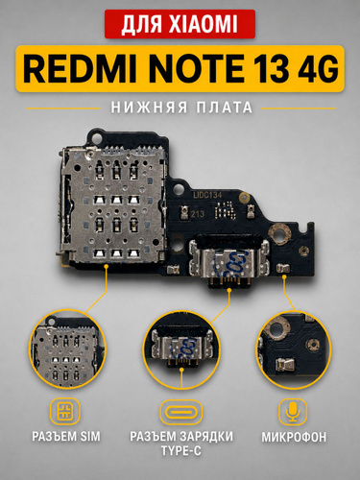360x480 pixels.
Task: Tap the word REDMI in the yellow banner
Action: (81, 69)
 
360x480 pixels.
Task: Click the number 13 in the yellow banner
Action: (270, 69)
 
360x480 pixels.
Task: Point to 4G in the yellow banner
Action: (317, 69)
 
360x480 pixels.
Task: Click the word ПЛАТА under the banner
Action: (225, 108)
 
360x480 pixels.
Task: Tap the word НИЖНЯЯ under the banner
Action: (149, 108)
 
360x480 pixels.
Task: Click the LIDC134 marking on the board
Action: (207, 195)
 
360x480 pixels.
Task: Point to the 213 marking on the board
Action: (198, 214)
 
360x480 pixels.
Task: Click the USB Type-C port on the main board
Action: (229, 262)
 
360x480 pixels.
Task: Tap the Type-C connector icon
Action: (181, 412)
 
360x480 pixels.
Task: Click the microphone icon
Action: (293, 412)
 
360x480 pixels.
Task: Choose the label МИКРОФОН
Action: (294, 437)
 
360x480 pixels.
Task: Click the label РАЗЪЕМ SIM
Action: (66, 437)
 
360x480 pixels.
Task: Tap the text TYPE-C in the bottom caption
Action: (181, 451)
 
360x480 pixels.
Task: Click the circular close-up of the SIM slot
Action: (67, 349)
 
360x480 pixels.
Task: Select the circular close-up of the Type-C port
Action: (181, 349)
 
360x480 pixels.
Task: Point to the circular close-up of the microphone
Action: (294, 350)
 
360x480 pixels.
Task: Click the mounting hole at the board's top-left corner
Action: (96, 137)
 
